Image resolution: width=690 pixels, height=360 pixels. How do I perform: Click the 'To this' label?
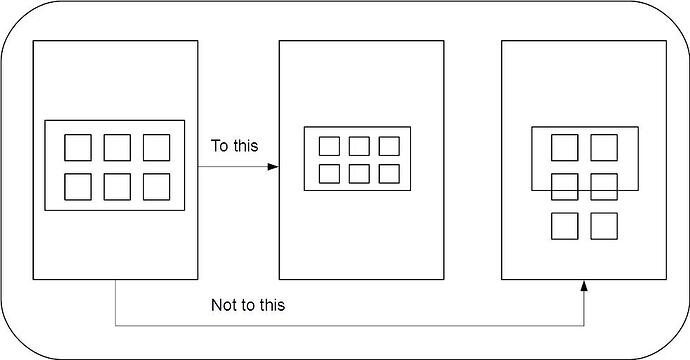(x=234, y=145)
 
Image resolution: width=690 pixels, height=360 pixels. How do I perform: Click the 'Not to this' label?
(x=248, y=305)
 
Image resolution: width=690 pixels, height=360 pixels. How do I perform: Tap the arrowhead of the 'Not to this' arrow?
(x=584, y=288)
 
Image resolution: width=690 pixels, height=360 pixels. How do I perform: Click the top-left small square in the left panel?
(x=77, y=148)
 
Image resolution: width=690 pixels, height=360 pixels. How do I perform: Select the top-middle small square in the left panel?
(x=116, y=148)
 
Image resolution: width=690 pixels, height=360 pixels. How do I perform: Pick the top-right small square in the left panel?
(x=155, y=148)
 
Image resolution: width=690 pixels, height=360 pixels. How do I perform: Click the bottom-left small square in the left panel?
(x=77, y=187)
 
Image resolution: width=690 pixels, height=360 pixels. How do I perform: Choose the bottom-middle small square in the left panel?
(x=116, y=187)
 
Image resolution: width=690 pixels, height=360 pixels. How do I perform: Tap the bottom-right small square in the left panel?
(x=155, y=187)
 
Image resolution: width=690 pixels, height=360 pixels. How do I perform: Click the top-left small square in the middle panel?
(x=328, y=146)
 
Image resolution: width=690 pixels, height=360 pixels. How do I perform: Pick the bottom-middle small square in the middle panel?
(x=358, y=173)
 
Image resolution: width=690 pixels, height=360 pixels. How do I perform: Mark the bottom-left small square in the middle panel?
(x=328, y=173)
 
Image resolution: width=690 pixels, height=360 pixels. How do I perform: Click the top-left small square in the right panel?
(x=565, y=147)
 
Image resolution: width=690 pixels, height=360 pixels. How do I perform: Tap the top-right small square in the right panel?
(x=603, y=147)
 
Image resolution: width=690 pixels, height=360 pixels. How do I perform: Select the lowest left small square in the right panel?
(x=565, y=225)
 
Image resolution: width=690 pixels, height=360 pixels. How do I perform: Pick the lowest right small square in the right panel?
(x=603, y=225)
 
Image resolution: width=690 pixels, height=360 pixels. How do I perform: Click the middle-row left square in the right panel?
(x=565, y=186)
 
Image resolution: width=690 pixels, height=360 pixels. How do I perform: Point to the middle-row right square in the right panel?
(x=603, y=186)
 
